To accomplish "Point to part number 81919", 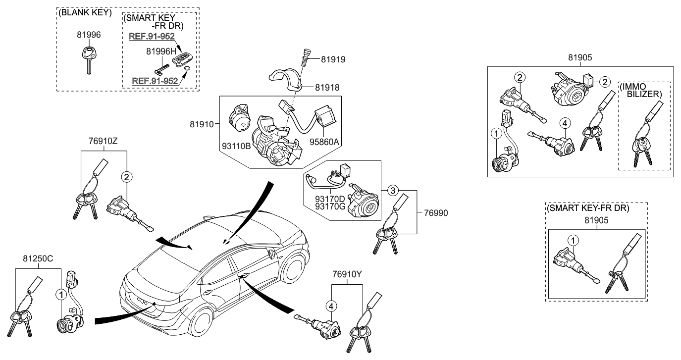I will [x=333, y=59].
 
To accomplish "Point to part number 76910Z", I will [x=104, y=141].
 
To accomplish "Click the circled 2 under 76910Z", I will [x=127, y=176].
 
